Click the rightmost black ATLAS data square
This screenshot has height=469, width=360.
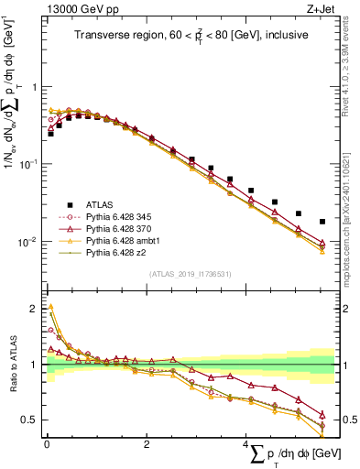click(322, 222)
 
